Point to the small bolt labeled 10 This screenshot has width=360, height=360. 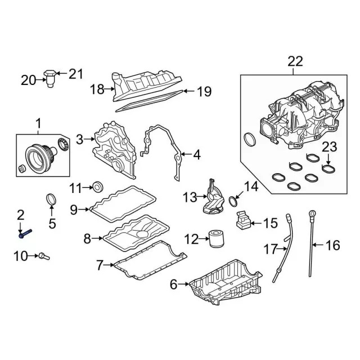pos(44,256)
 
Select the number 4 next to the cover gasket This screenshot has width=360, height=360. pos(196,154)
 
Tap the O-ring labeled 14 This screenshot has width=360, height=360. pos(233,199)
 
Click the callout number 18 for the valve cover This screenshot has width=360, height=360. pos(97,88)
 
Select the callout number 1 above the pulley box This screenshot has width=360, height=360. pos(38,122)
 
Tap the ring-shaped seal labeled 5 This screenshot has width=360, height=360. pos(51,200)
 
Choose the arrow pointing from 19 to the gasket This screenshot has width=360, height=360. pos(188,91)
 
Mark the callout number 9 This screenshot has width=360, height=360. pos(74,210)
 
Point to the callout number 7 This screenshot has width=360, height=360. pos(100,263)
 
